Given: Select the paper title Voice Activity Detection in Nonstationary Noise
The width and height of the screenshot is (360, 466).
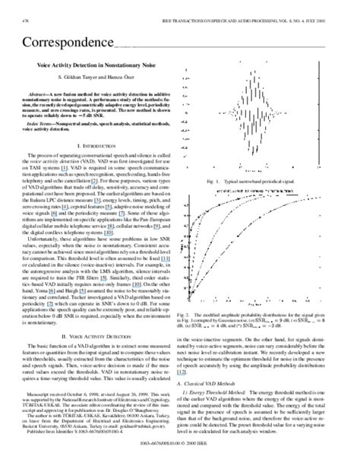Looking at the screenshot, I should [x=95, y=65].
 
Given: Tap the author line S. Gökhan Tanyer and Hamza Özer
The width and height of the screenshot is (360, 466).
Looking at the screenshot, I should [x=94, y=78].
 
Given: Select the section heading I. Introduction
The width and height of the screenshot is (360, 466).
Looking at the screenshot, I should [x=95, y=144].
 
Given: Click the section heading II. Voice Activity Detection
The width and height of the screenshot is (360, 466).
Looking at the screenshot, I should [x=95, y=311].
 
